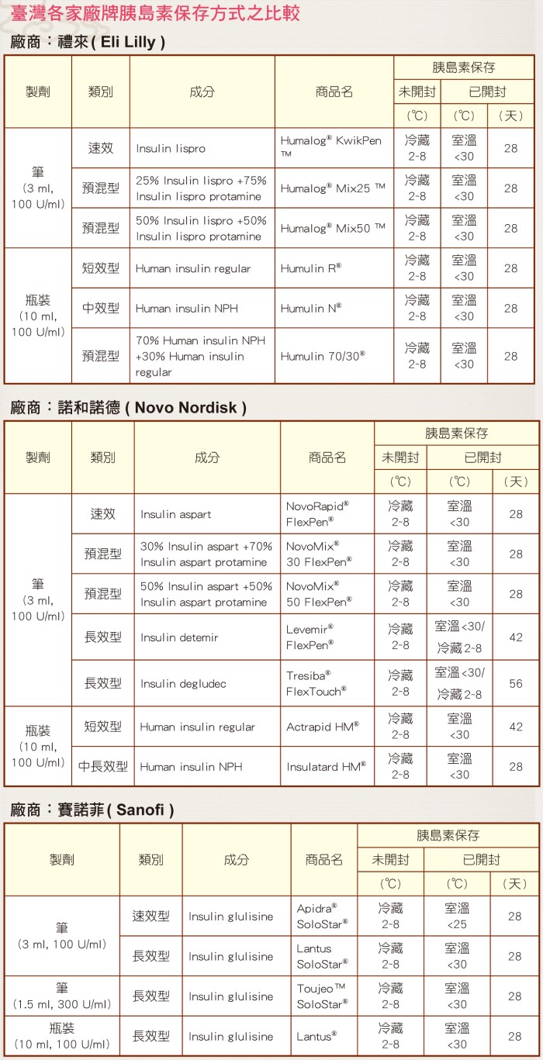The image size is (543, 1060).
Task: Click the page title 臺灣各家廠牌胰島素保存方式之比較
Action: pyautogui.click(x=155, y=14)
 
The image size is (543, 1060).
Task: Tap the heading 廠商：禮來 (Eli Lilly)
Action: pyautogui.click(x=88, y=42)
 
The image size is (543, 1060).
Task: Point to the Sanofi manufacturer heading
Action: pyautogui.click(x=92, y=810)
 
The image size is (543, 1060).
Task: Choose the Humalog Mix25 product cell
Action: pyautogui.click(x=333, y=188)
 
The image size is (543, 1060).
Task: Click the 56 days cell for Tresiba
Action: pyautogui.click(x=516, y=683)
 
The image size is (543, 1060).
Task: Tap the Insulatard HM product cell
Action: pyautogui.click(x=326, y=766)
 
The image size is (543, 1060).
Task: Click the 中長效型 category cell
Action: pyautogui.click(x=103, y=766)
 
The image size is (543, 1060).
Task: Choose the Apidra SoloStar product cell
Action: pyautogui.click(x=323, y=916)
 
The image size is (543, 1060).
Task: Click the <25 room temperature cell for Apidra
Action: pyautogui.click(x=457, y=916)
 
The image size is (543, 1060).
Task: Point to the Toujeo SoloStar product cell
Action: pyautogui.click(x=323, y=996)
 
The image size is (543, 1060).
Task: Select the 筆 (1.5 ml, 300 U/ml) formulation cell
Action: pyautogui.click(x=62, y=996)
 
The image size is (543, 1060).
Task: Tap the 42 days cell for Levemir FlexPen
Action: pyautogui.click(x=516, y=637)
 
